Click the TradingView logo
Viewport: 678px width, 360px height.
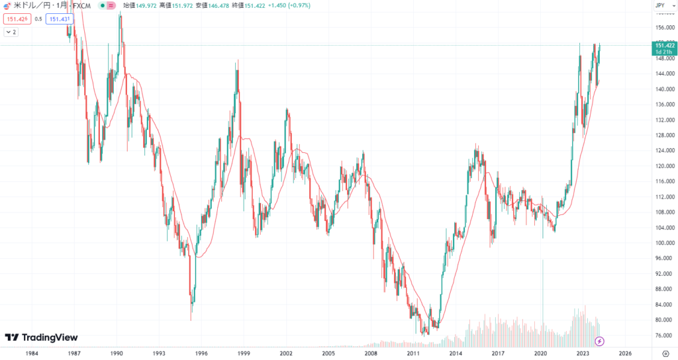tap(41, 337)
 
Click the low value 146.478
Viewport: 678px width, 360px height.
tap(218, 6)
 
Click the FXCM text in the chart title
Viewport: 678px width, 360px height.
tap(81, 6)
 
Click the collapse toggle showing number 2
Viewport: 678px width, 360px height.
tap(12, 32)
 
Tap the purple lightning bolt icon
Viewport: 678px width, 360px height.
tap(599, 341)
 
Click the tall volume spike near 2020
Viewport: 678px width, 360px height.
tap(543, 298)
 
